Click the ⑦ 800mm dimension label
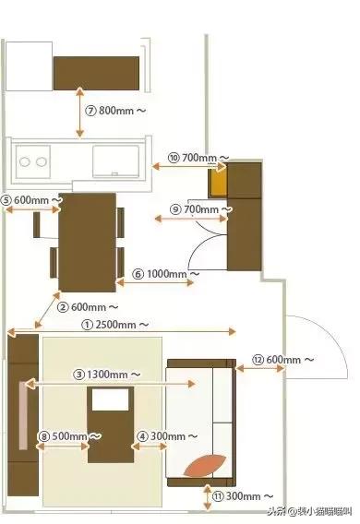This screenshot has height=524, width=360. tap(115, 110)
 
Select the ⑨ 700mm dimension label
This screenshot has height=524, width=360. tap(202, 210)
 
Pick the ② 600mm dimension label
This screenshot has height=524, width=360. tap(88, 306)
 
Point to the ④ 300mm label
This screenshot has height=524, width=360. tap(168, 435)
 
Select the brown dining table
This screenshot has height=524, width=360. tap(87, 240)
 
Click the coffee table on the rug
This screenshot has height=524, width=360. tap(111, 424)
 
